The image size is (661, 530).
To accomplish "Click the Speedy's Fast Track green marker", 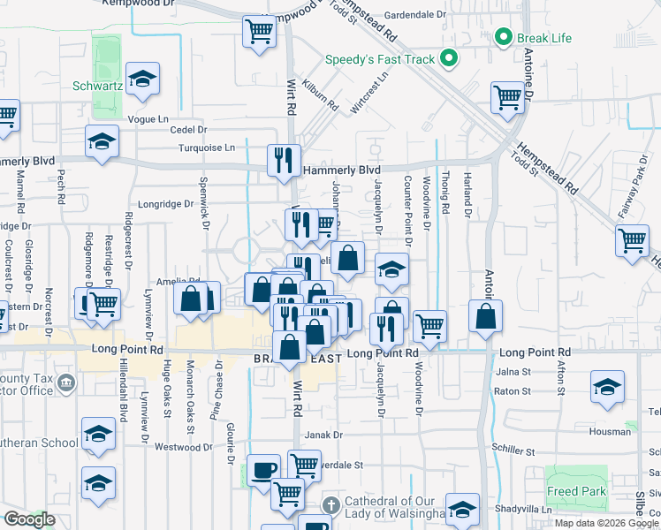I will click(449, 59).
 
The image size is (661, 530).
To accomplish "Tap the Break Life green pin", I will click(504, 38).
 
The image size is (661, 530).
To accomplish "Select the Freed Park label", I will click(576, 491).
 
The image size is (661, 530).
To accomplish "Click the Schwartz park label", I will click(92, 88).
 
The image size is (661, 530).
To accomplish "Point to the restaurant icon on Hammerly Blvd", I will click(284, 160).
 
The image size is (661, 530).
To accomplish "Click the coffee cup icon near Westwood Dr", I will click(263, 469).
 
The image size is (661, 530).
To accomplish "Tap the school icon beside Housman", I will click(606, 387).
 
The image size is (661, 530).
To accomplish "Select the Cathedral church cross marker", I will click(330, 505).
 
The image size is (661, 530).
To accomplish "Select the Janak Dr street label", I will click(323, 435).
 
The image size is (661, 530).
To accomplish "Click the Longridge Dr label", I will click(166, 203).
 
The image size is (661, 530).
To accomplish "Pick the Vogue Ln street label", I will click(148, 118).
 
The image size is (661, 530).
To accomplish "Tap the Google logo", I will click(29, 520).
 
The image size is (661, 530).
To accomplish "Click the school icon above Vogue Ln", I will click(142, 79).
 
